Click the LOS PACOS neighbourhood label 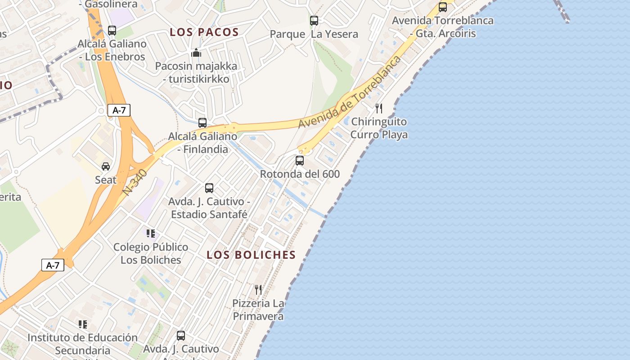pos(204,32)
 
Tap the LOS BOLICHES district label pos(251,255)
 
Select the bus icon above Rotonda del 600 pos(300,160)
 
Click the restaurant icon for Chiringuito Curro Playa pos(379,108)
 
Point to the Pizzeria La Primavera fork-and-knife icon pos(258,289)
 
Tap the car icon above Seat pos(106,166)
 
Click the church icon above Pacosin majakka pos(196,53)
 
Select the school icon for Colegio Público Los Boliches pos(151,233)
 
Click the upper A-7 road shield pos(119,110)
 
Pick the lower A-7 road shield pos(53,265)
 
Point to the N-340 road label pos(135,182)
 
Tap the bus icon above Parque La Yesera pos(314,20)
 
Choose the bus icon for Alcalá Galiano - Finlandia pos(202,122)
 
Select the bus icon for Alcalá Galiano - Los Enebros pos(112,31)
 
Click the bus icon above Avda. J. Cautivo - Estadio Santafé pos(209,188)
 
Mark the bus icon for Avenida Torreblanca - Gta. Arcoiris pos(443,7)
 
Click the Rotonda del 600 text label pos(300,174)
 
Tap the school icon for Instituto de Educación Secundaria pos(83,324)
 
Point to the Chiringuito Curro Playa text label pos(379,128)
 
